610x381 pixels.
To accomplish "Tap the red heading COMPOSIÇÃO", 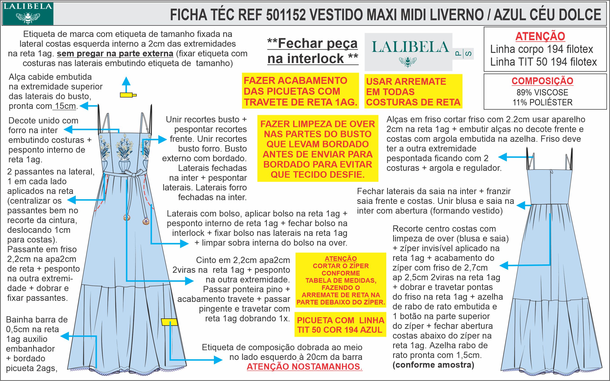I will click(542, 81).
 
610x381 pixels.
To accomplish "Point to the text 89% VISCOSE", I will click(542, 93).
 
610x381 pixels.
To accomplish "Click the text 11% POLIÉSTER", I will click(542, 102).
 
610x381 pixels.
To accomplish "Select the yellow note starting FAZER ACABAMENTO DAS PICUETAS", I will click(300, 91).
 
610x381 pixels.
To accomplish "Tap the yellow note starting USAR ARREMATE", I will click(413, 92).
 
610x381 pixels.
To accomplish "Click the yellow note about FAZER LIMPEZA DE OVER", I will click(318, 149).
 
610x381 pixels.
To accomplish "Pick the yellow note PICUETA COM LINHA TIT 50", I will click(340, 325).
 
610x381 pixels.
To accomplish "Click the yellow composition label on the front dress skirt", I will click(169, 322).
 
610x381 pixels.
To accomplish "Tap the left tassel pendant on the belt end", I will click(127, 217).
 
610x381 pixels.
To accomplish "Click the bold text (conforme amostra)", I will click(433, 365).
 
